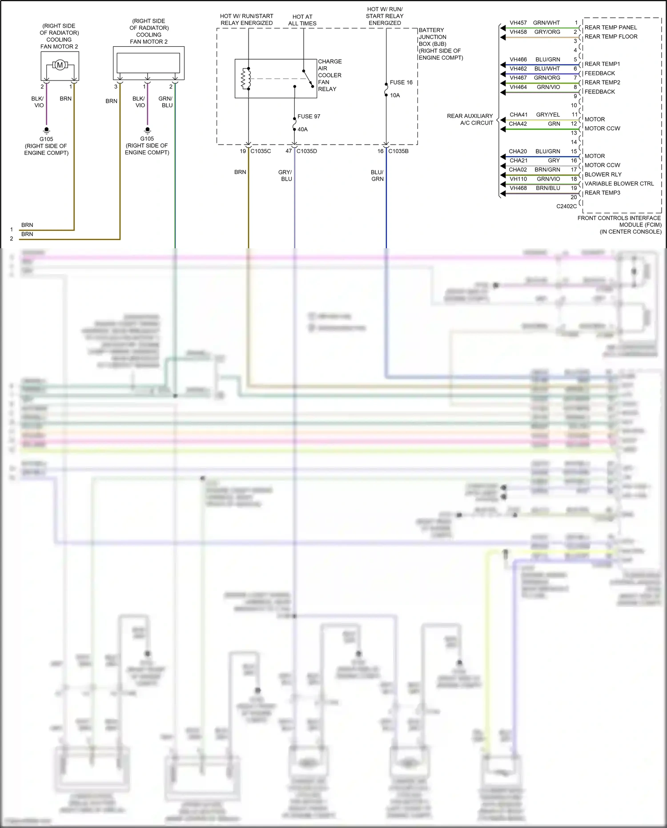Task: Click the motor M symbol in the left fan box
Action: pyautogui.click(x=60, y=65)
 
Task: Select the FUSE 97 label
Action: pyautogui.click(x=309, y=117)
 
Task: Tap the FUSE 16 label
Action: pyautogui.click(x=401, y=83)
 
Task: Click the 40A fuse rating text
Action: pyautogui.click(x=302, y=129)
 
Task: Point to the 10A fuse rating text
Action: pyautogui.click(x=395, y=95)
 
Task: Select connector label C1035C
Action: pyautogui.click(x=261, y=151)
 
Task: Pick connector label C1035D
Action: pyautogui.click(x=307, y=151)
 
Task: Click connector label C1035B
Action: pyautogui.click(x=398, y=151)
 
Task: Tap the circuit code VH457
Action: pyautogui.click(x=518, y=23)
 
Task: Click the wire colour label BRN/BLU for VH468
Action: pyautogui.click(x=548, y=188)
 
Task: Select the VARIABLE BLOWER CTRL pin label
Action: pyautogui.click(x=619, y=184)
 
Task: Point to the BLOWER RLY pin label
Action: pyautogui.click(x=603, y=174)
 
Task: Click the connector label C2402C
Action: pyautogui.click(x=566, y=206)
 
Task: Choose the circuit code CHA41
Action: pyautogui.click(x=518, y=115)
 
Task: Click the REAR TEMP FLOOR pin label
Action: pyautogui.click(x=611, y=37)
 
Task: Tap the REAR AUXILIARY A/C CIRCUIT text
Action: pyautogui.click(x=470, y=119)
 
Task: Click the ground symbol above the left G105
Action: pyautogui.click(x=46, y=130)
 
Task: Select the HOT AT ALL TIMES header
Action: pyautogui.click(x=302, y=20)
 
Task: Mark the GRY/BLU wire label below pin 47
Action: pyautogui.click(x=285, y=175)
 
